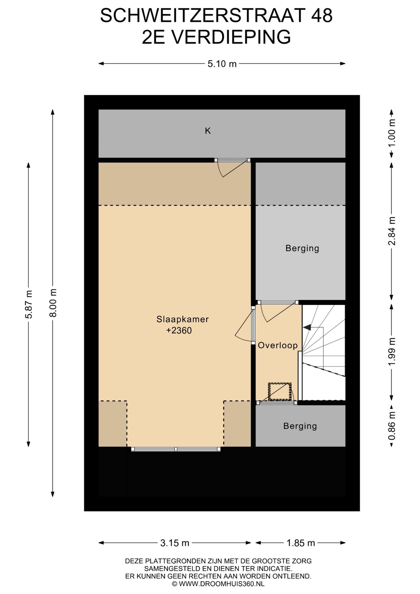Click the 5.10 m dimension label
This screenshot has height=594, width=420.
(222, 64)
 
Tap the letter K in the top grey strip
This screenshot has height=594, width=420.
(208, 131)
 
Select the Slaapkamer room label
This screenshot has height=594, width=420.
(182, 319)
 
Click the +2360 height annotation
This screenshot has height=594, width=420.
(179, 330)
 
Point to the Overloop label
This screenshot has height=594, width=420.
(277, 345)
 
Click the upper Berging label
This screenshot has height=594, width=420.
(302, 248)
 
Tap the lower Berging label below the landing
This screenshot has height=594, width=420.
(300, 426)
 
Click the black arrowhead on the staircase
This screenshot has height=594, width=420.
(307, 327)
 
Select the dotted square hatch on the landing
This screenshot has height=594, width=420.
(280, 392)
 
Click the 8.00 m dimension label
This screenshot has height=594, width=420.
(53, 303)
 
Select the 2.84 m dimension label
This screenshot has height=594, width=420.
(392, 231)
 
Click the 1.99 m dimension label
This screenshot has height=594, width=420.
(392, 351)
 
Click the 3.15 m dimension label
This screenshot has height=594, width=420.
(175, 543)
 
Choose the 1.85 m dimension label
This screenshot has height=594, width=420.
(301, 543)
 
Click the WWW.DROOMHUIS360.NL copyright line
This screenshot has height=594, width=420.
(218, 584)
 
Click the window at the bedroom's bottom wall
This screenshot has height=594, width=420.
(176, 449)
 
